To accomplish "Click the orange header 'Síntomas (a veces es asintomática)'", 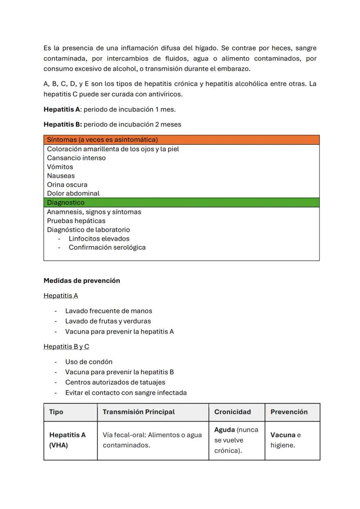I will click(102, 140).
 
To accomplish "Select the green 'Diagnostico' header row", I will click(66, 203).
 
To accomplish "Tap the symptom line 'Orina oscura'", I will click(67, 185).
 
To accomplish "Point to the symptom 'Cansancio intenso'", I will click(76, 158).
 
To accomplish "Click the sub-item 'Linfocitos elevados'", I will click(99, 239).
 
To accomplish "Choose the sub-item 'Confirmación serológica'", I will click(107, 247).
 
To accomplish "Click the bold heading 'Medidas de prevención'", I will click(82, 281).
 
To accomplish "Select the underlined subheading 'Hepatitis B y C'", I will click(66, 346).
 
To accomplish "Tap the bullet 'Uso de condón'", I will click(89, 362).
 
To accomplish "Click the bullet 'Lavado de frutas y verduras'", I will click(108, 321).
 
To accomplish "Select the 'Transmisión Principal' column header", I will click(139, 412).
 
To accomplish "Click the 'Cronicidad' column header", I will click(232, 412).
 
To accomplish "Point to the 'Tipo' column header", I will click(56, 412).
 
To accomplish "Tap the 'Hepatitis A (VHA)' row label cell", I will click(67, 440).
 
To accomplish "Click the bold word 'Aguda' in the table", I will click(224, 430).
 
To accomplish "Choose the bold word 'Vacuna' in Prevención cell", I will click(283, 435).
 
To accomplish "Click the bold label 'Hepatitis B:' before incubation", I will click(63, 124).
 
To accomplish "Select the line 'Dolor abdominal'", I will click(73, 193).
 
